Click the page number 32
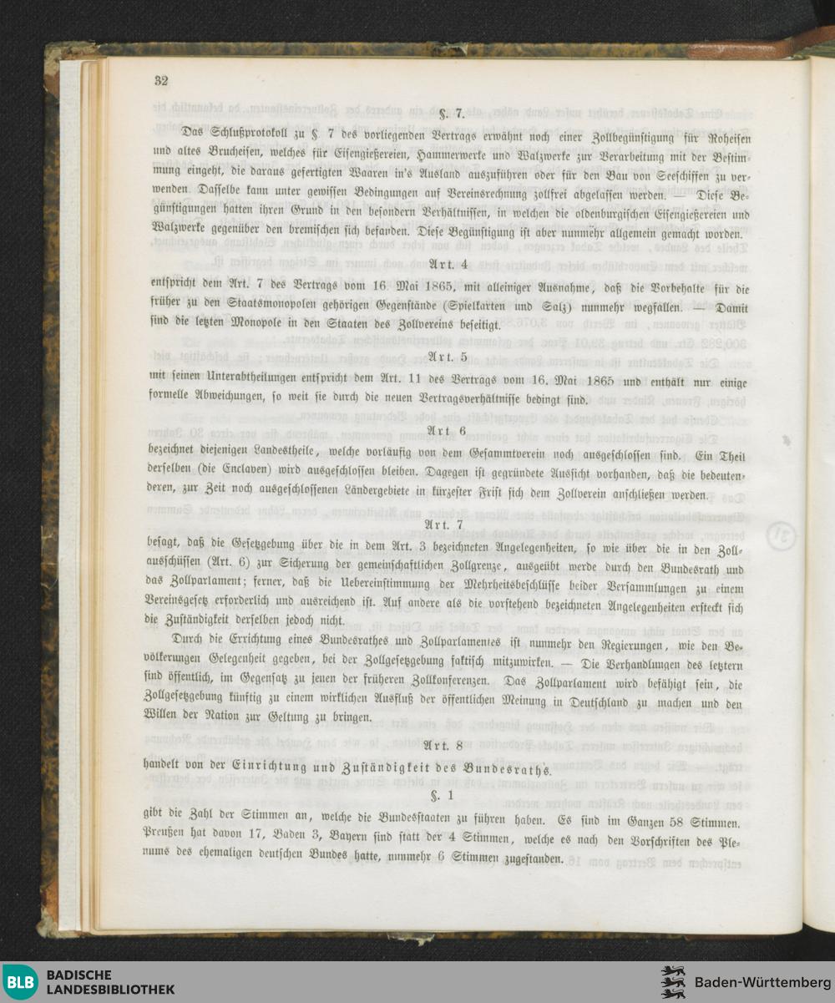pyautogui.click(x=161, y=81)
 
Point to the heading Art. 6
pyautogui.click(x=448, y=430)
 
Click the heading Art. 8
pyautogui.click(x=443, y=745)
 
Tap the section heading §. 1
pyautogui.click(x=442, y=794)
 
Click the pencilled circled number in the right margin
pyautogui.click(x=782, y=532)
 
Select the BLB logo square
pyautogui.click(x=19, y=982)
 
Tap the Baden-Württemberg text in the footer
pyautogui.click(x=757, y=982)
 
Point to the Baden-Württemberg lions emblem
pyautogui.click(x=673, y=982)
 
